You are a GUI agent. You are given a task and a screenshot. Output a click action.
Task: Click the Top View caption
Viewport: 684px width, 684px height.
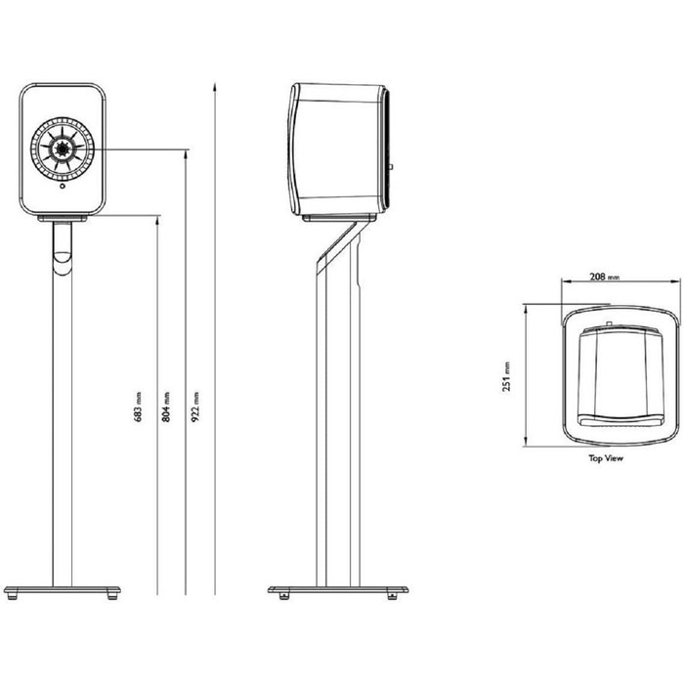coord(606,456)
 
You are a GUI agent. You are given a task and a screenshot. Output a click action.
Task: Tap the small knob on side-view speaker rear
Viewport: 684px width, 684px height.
coord(394,167)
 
